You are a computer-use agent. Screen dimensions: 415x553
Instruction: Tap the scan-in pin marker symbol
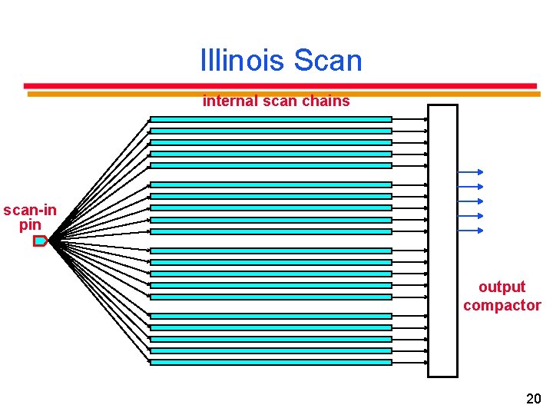tap(40, 241)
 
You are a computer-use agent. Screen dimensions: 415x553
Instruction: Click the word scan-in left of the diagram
tap(29, 210)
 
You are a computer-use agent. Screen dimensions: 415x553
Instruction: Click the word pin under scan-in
tap(30, 224)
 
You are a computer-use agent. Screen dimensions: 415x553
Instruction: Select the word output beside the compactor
tap(502, 287)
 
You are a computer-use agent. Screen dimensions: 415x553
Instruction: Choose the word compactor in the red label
tap(502, 305)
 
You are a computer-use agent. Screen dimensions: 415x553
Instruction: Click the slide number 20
tap(533, 398)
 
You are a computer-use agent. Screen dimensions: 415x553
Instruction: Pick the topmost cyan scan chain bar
tap(270, 119)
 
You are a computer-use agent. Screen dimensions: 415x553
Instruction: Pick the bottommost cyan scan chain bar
tap(270, 362)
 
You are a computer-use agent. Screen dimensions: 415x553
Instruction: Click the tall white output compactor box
tap(442, 241)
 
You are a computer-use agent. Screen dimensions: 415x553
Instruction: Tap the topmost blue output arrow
tap(469, 172)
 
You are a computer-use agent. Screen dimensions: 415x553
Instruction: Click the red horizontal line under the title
tap(280, 85)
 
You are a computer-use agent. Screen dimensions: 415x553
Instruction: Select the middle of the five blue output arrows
tap(469, 201)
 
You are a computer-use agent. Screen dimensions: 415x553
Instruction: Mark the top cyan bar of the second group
tap(270, 184)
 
